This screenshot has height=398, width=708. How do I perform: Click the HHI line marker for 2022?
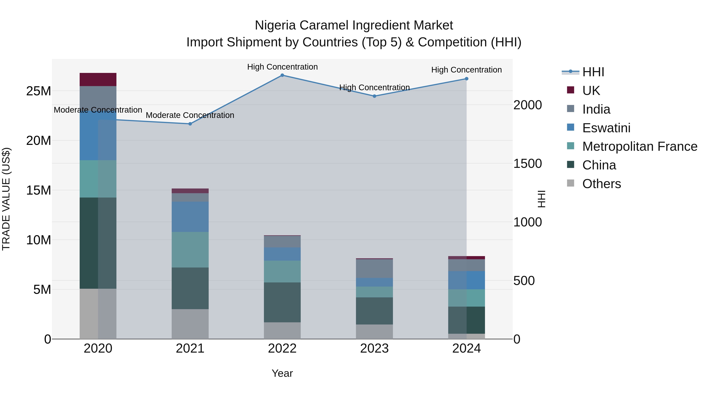coord(282,75)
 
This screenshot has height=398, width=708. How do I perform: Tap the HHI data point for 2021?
coord(190,124)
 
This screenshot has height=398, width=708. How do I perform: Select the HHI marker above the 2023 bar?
coord(374,96)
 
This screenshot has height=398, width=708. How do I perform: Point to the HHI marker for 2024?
coord(466,79)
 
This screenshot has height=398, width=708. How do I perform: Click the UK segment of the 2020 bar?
coord(98,80)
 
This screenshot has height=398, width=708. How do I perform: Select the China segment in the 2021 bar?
coord(190,288)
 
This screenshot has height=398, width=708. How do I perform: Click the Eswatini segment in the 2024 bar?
coord(466,280)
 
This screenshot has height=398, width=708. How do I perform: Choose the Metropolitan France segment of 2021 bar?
coord(190,249)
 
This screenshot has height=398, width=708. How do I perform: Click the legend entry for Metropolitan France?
coord(640,146)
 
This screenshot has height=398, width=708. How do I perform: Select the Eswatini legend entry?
coord(606,128)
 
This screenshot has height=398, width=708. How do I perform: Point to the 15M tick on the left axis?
coord(39,190)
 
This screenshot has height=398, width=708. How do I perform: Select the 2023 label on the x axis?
coord(374,348)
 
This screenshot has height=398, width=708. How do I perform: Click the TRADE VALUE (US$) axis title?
coord(6,199)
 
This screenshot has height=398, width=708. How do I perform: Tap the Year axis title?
coord(282,373)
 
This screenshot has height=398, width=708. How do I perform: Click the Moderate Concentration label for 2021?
coord(190,115)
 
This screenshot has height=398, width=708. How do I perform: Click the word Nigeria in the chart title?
coord(275,25)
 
